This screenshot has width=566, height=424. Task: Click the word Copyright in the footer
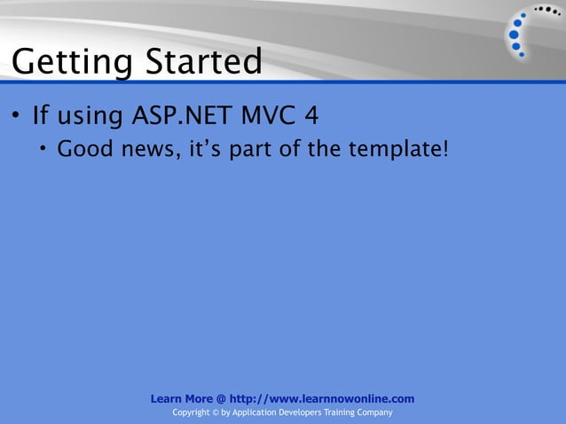(x=196, y=413)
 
